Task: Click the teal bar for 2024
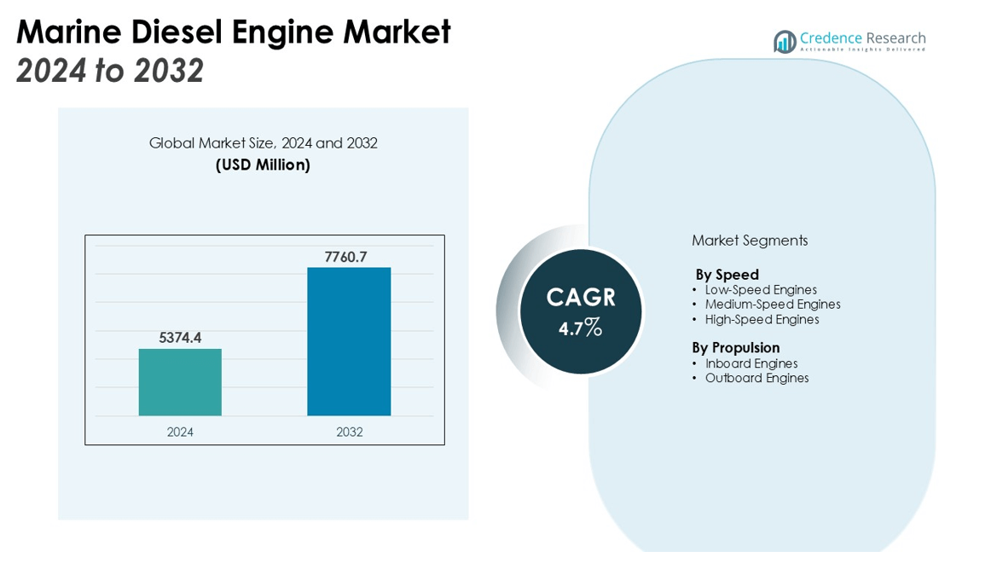(180, 382)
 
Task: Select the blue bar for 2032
(349, 341)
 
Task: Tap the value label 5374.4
(180, 338)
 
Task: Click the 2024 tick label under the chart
(180, 432)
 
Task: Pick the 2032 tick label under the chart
(349, 432)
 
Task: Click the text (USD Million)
(263, 165)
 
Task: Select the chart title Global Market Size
(263, 143)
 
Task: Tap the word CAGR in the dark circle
(581, 298)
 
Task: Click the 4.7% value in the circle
(581, 328)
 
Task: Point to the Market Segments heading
(750, 241)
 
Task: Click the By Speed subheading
(727, 275)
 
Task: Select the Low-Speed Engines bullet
(761, 290)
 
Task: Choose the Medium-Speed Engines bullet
(773, 305)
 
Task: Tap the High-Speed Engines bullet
(762, 320)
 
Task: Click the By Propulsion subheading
(735, 347)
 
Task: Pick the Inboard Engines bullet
(751, 363)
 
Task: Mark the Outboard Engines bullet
(756, 378)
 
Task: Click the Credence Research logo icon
(785, 42)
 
